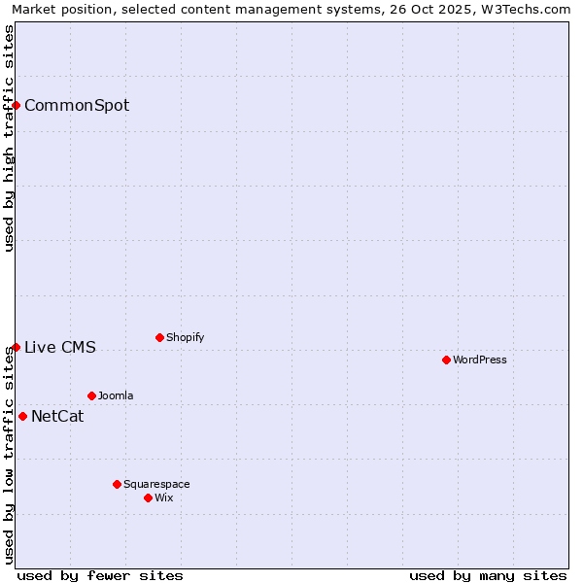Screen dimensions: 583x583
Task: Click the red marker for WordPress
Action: pos(446,360)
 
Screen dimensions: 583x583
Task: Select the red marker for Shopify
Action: pos(159,337)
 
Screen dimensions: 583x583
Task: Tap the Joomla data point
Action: pos(91,395)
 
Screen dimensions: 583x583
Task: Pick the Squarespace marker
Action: pos(117,484)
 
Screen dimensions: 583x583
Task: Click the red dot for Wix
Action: pos(148,497)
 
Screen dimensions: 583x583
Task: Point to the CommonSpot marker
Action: pos(17,105)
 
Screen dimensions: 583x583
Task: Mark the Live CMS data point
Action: pos(17,347)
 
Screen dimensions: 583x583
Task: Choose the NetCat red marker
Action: pos(22,416)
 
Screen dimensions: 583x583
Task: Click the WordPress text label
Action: pos(480,360)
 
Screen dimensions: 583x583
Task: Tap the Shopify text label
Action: pos(185,337)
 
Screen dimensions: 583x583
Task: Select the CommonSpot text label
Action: pos(77,105)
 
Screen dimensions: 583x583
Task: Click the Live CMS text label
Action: pos(60,347)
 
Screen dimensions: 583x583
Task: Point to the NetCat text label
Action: pos(57,416)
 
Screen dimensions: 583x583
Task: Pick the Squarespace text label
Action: pos(156,484)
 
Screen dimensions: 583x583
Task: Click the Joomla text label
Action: pos(116,395)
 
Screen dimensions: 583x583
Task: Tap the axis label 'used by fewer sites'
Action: pos(100,575)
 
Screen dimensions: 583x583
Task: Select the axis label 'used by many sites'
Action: pos(488,575)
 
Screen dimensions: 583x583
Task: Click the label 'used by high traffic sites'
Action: pos(9,138)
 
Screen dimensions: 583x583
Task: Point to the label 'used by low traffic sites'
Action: pos(9,457)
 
